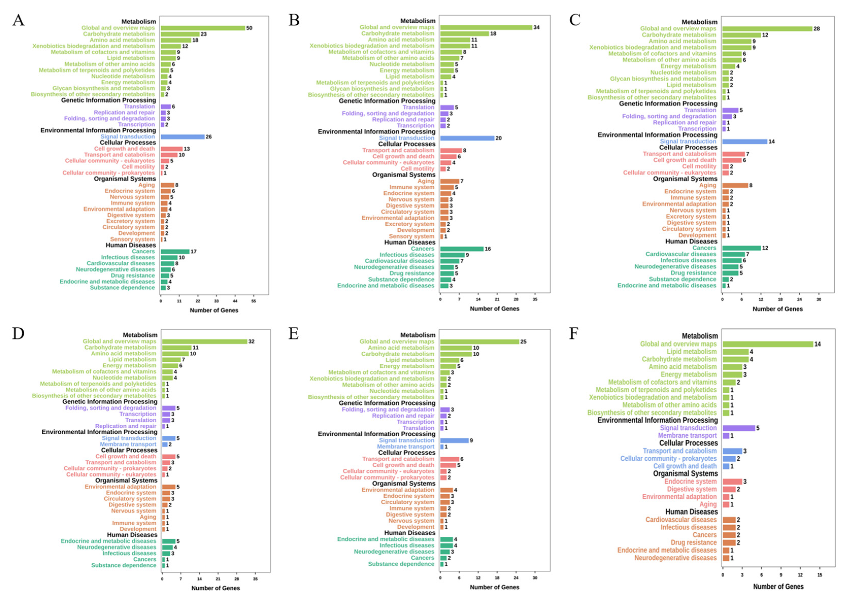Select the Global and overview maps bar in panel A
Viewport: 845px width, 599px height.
(x=202, y=28)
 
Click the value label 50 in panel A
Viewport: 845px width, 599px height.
(x=249, y=28)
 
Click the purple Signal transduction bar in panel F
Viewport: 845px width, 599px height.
(x=739, y=428)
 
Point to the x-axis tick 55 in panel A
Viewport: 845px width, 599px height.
(x=254, y=301)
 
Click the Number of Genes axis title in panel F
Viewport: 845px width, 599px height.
(x=778, y=587)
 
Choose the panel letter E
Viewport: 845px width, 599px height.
(x=294, y=334)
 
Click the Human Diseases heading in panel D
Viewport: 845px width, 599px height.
(x=132, y=535)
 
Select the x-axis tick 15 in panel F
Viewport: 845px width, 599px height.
(x=820, y=575)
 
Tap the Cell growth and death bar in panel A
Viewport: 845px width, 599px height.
(x=172, y=149)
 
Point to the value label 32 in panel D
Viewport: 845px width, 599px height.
(x=251, y=341)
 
